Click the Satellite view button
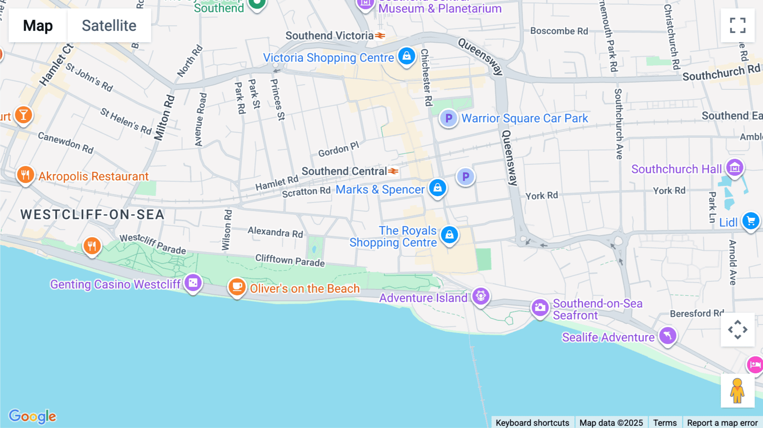pyautogui.click(x=109, y=25)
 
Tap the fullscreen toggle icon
pyautogui.click(x=738, y=25)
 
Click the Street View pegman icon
pyautogui.click(x=737, y=390)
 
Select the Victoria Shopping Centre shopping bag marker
pyautogui.click(x=407, y=56)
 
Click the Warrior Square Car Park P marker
pyautogui.click(x=448, y=118)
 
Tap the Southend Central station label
pyautogui.click(x=344, y=171)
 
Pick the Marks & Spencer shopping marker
pyautogui.click(x=437, y=188)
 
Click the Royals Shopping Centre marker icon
pyautogui.click(x=449, y=234)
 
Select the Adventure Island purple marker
pyautogui.click(x=481, y=296)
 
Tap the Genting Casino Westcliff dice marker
pyautogui.click(x=193, y=283)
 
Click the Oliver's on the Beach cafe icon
pyautogui.click(x=237, y=287)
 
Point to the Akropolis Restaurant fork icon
pyautogui.click(x=25, y=175)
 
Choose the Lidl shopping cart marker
pyautogui.click(x=751, y=221)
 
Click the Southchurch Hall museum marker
pyautogui.click(x=735, y=168)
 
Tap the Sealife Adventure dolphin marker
pyautogui.click(x=668, y=336)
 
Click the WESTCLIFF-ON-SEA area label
pyautogui.click(x=92, y=214)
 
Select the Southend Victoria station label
pyautogui.click(x=329, y=36)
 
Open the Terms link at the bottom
pyautogui.click(x=665, y=422)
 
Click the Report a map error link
pyautogui.click(x=722, y=422)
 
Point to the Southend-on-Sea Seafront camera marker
pyautogui.click(x=540, y=308)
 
